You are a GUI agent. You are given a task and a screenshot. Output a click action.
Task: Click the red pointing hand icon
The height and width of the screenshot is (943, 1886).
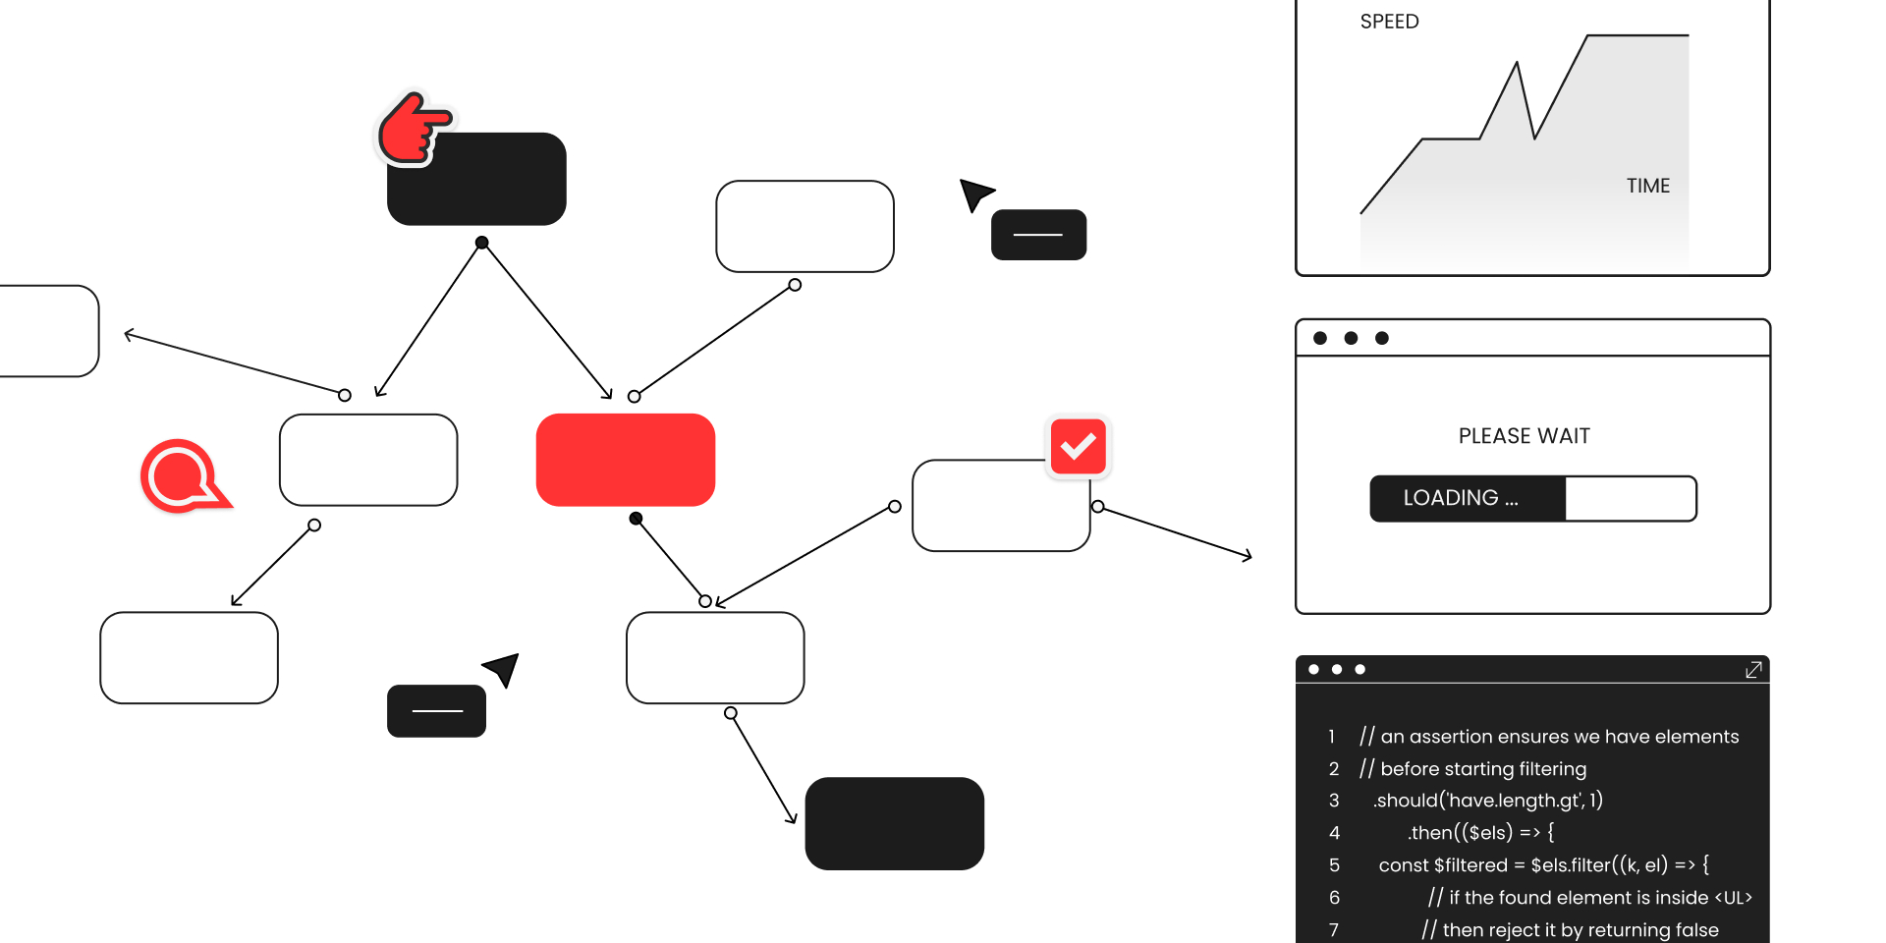click(413, 129)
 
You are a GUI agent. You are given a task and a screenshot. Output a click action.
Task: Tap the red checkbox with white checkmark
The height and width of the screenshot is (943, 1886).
click(1078, 447)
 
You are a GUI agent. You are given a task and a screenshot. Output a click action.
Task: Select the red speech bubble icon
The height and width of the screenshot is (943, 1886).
click(182, 475)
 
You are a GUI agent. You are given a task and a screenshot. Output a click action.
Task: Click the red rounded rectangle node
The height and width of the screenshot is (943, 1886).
click(625, 460)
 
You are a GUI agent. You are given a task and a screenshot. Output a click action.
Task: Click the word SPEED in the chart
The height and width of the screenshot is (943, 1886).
click(1389, 22)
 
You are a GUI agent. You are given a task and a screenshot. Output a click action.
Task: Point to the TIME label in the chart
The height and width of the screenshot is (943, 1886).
click(1647, 186)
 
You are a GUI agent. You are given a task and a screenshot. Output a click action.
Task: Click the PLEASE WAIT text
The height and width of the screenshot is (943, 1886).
click(1524, 436)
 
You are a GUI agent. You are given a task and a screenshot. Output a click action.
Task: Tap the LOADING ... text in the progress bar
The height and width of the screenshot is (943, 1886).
click(1460, 498)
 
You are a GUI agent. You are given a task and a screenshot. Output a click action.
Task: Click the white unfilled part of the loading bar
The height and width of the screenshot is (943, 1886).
click(1630, 499)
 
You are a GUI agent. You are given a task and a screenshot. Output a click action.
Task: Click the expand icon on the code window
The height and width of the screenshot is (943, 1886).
click(1753, 670)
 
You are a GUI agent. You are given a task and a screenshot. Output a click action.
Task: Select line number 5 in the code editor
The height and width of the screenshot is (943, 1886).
click(1334, 865)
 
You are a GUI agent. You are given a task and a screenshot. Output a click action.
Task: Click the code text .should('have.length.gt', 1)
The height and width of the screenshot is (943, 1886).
click(1487, 801)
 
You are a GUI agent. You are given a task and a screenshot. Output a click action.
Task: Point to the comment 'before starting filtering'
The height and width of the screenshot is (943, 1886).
click(1482, 769)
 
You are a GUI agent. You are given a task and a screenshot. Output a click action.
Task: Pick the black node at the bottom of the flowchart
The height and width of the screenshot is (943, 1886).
click(894, 823)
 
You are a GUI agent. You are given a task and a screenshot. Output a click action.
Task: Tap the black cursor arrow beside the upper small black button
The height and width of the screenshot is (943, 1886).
click(974, 194)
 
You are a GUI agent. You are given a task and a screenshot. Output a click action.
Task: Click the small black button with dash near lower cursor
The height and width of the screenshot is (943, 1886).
click(436, 711)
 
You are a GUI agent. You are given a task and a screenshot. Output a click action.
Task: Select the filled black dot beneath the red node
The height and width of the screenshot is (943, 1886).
click(636, 518)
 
